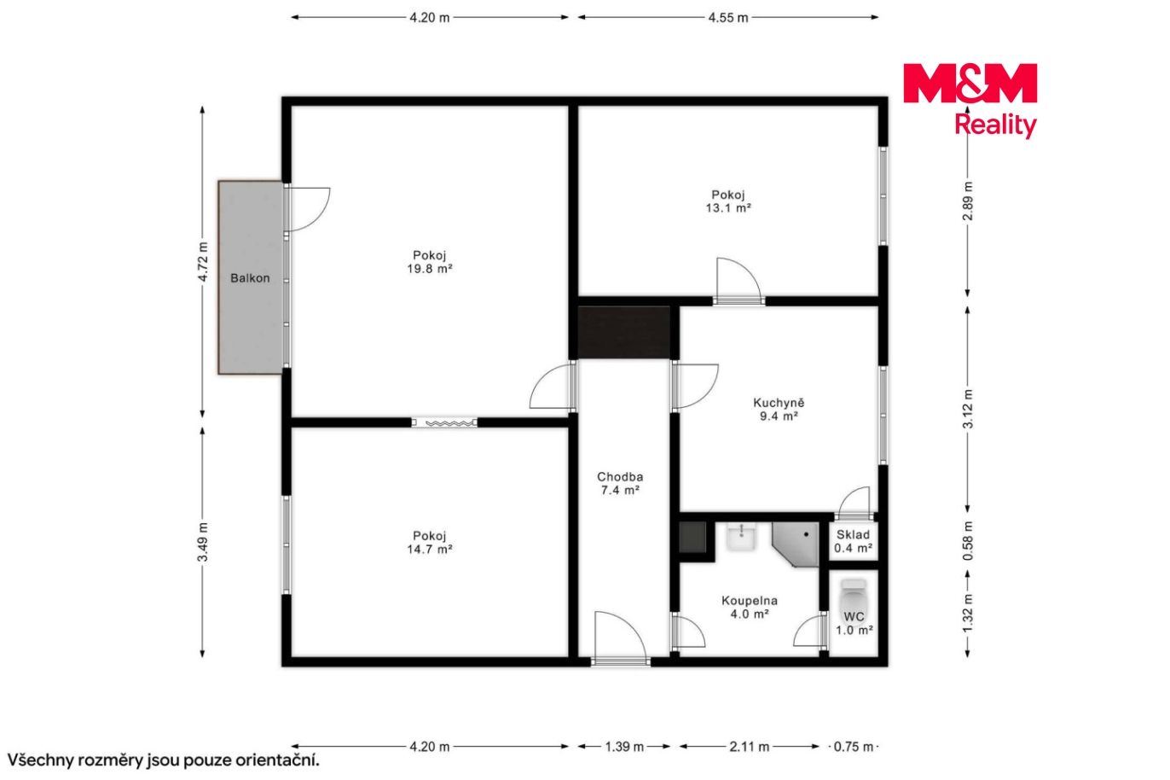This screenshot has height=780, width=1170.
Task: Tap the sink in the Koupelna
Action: click(x=741, y=537)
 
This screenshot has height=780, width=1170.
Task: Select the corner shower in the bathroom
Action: click(x=796, y=544)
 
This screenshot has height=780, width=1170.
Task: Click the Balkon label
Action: click(x=250, y=278)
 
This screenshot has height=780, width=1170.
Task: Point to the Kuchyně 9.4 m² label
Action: click(x=779, y=410)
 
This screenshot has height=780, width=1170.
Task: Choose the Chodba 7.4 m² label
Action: click(x=620, y=484)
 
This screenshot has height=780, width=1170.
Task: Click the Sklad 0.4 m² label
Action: click(x=853, y=541)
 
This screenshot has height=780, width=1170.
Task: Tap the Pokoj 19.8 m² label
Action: click(x=429, y=262)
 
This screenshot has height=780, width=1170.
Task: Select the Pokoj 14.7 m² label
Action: click(x=429, y=543)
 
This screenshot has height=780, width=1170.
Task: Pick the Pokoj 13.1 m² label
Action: click(x=728, y=201)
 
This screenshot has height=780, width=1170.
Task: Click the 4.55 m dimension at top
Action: click(x=728, y=18)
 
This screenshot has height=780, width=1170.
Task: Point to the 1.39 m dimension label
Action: click(x=624, y=747)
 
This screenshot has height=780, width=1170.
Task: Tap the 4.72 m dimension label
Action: click(x=203, y=262)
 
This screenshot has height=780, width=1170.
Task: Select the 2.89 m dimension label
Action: click(x=967, y=201)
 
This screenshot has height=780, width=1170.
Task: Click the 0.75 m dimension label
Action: click(x=854, y=747)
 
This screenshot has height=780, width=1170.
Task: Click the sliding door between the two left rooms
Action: click(x=444, y=422)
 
